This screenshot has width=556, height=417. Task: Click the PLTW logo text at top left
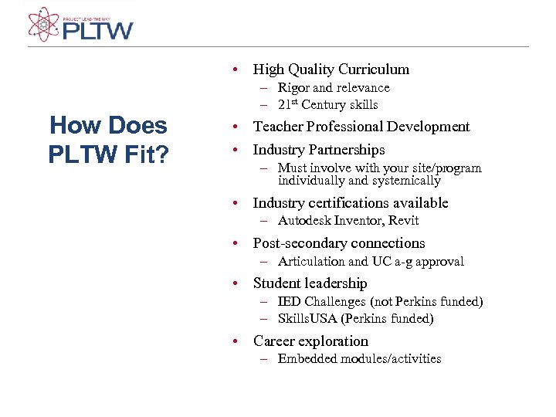click(97, 30)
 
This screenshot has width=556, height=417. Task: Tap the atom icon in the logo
click(43, 24)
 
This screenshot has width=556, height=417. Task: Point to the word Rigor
click(293, 88)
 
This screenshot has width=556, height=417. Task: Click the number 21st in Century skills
click(288, 104)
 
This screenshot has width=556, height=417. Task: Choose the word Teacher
click(279, 127)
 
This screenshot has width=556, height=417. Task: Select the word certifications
click(348, 203)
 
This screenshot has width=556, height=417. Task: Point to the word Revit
click(403, 221)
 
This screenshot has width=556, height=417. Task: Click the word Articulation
click(310, 261)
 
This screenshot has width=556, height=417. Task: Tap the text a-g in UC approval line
click(403, 262)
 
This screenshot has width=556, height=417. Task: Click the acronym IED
click(290, 301)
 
